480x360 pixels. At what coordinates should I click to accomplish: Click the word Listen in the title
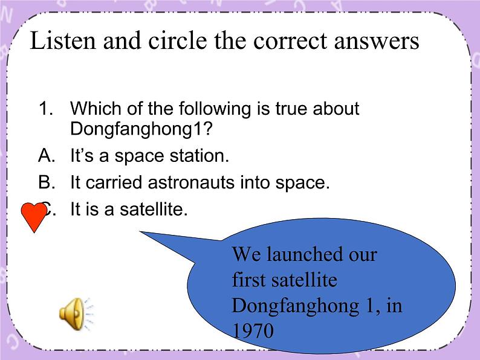point(63,40)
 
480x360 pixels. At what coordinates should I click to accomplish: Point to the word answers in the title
point(377,41)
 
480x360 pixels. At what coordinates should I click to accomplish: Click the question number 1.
point(46,108)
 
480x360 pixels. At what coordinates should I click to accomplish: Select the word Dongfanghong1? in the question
point(141,129)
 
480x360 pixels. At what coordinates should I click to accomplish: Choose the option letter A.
point(47,155)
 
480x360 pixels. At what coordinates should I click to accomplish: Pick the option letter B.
point(47,182)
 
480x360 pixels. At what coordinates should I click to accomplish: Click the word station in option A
point(199,155)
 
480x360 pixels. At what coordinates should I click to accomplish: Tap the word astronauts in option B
point(192,182)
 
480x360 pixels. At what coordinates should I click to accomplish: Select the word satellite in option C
point(154,209)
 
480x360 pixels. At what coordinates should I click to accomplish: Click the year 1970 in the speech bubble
point(253,331)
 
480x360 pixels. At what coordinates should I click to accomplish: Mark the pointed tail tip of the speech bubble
point(140,231)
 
